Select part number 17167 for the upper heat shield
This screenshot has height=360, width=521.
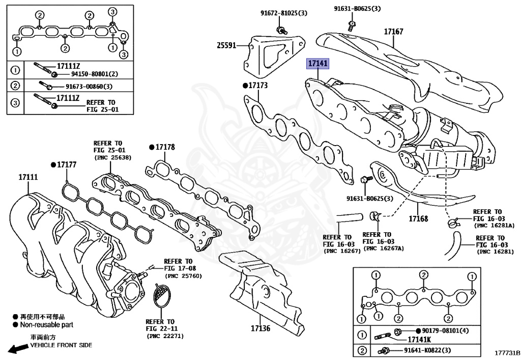tap(393, 32)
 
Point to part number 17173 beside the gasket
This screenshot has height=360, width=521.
tap(258, 85)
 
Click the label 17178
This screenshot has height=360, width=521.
tap(165, 147)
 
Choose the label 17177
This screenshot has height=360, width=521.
tap(66, 164)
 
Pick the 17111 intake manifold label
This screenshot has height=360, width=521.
tap(28, 177)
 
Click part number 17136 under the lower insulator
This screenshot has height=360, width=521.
tap(261, 328)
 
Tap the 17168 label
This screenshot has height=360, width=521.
tap(418, 219)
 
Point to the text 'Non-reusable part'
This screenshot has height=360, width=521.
tap(46, 324)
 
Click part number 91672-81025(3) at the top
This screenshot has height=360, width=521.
tap(279, 14)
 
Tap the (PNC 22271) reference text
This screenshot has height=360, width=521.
tap(165, 336)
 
